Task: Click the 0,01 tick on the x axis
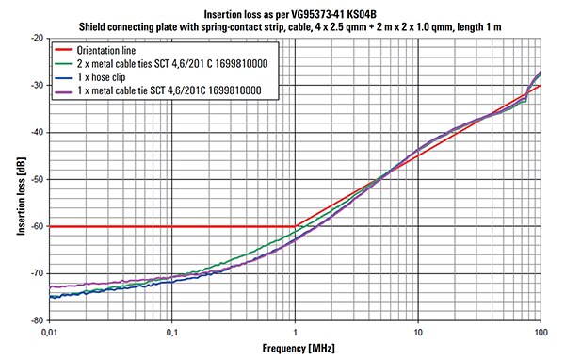pos(50,332)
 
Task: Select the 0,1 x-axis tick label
pos(172,332)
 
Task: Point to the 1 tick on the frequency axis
pos(296,332)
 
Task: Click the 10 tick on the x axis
pos(418,332)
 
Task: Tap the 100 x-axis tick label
pos(540,332)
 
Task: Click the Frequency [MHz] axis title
pos(296,348)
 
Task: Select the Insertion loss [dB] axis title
pos(12,179)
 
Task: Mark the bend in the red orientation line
pos(296,226)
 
